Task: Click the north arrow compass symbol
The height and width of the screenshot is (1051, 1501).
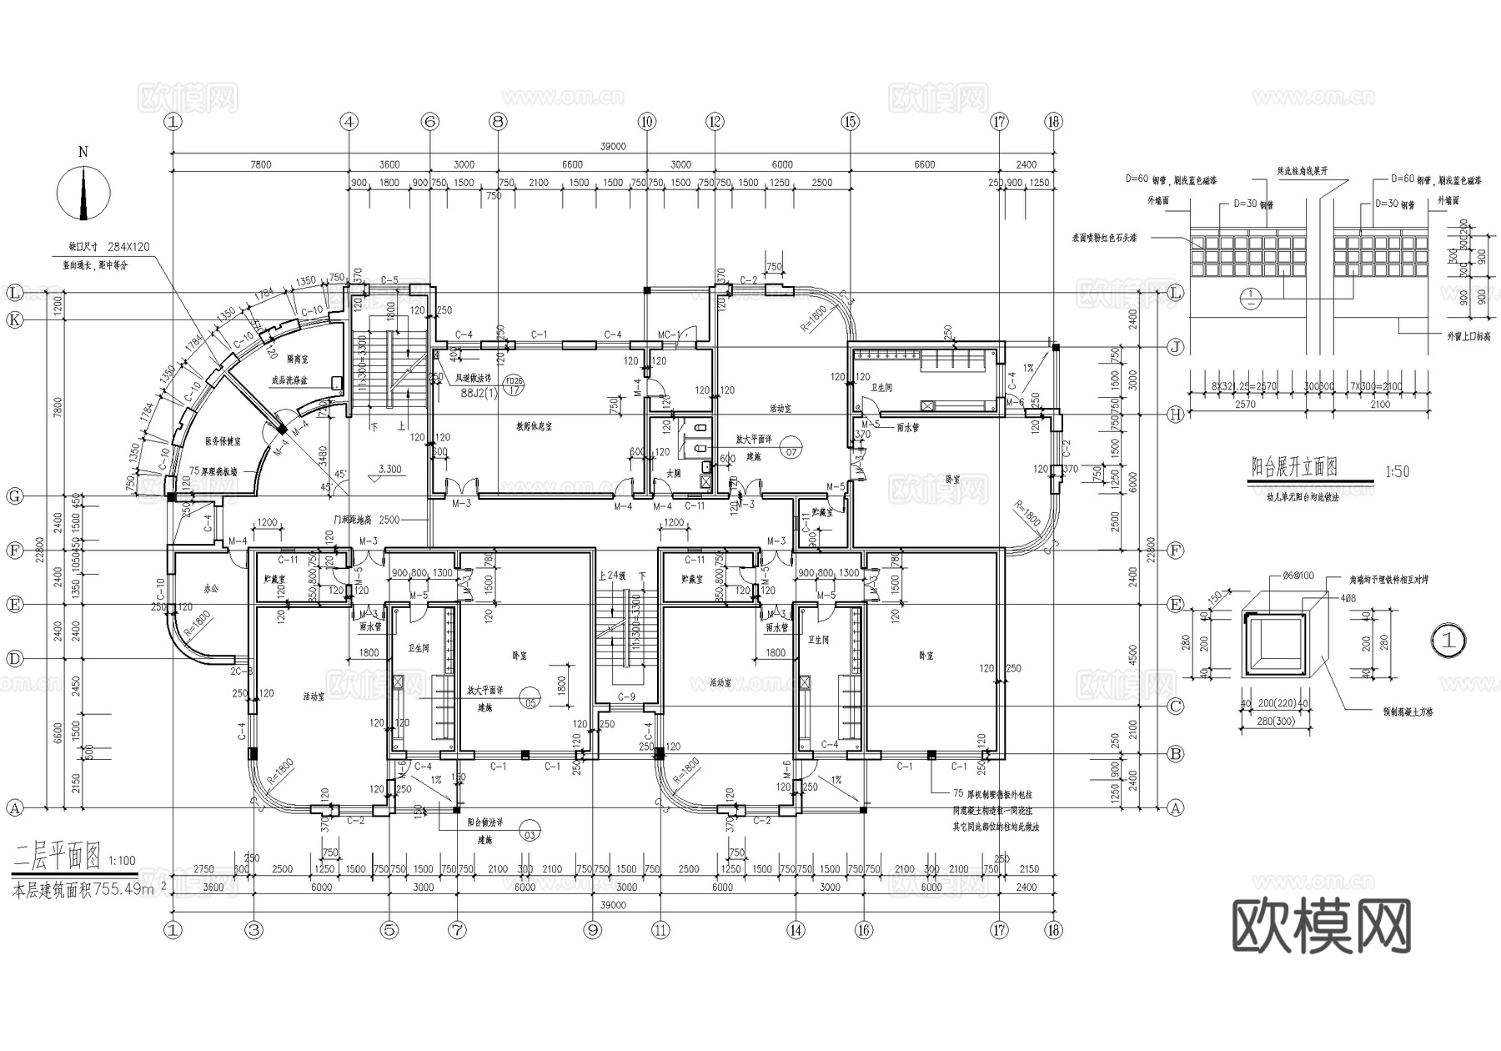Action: click(83, 193)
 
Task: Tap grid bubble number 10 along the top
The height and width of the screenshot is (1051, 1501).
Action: click(647, 122)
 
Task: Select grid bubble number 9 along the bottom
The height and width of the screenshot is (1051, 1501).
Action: click(593, 929)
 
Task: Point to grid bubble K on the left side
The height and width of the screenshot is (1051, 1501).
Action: click(14, 320)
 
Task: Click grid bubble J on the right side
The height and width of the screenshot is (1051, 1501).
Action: click(1176, 347)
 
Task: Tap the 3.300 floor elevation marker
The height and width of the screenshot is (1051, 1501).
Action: click(389, 470)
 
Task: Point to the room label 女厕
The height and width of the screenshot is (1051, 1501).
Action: click(673, 474)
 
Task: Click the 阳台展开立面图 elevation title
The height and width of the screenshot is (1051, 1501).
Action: click(1294, 467)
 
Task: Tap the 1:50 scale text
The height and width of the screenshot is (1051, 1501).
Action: click(1397, 471)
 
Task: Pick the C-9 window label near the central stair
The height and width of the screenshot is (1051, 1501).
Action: click(626, 696)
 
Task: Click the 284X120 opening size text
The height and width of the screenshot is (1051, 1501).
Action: click(128, 247)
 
